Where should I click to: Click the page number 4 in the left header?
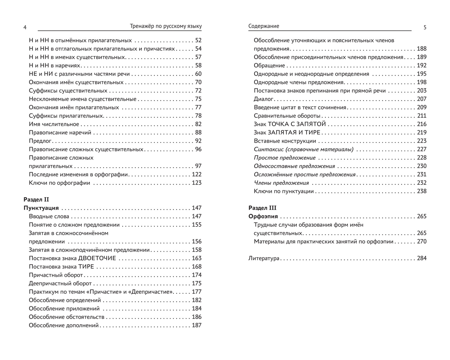pos(25,27)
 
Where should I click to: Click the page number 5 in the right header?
pos(425,27)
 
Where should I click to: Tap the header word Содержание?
pos(263,26)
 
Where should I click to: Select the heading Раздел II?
pos(36,200)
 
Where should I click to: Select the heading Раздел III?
pos(262,208)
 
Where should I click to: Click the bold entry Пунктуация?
pos(41,208)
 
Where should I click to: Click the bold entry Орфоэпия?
pos(263,216)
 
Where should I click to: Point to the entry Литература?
pos(264,258)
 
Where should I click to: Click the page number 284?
pos(422,258)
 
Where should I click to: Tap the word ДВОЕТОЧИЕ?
pos(97,258)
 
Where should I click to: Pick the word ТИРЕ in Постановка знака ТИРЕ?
pos(86,267)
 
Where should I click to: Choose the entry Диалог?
pos(263,99)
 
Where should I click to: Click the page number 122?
pos(197,174)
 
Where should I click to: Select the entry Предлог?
pos(40,141)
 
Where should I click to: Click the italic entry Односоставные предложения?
pos(294,166)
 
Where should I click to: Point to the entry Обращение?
pos(269,66)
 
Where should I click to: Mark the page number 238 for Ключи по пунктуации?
pos(422,191)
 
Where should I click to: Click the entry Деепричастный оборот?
pos(60,283)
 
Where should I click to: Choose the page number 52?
pos(198,40)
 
